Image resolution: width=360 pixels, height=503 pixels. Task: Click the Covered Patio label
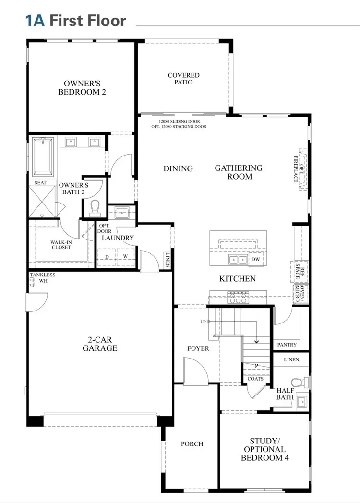[x=183, y=79]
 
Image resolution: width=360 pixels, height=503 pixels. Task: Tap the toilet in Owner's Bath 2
[x=94, y=207]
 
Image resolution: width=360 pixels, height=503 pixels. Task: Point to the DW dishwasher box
[x=256, y=260]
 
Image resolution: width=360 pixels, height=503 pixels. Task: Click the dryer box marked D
[x=107, y=256]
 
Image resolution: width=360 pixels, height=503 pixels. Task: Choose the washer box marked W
[x=125, y=256]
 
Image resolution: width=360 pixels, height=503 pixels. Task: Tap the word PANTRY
[x=287, y=345]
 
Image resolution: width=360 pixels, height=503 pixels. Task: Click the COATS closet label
[x=255, y=379]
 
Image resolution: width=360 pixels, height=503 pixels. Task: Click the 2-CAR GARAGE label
[x=100, y=344]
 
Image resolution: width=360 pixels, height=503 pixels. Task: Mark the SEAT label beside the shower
[x=40, y=183]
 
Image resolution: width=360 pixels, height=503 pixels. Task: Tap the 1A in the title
[x=35, y=21]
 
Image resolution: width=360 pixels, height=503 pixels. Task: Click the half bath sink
[x=301, y=401]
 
